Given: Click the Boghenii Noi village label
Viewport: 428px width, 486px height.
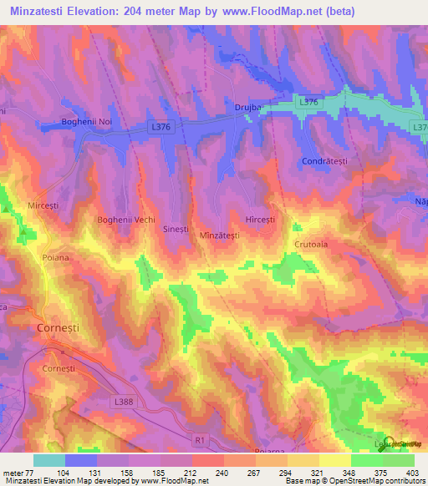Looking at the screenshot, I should (86, 123).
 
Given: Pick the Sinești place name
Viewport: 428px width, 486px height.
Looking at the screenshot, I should (178, 227).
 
